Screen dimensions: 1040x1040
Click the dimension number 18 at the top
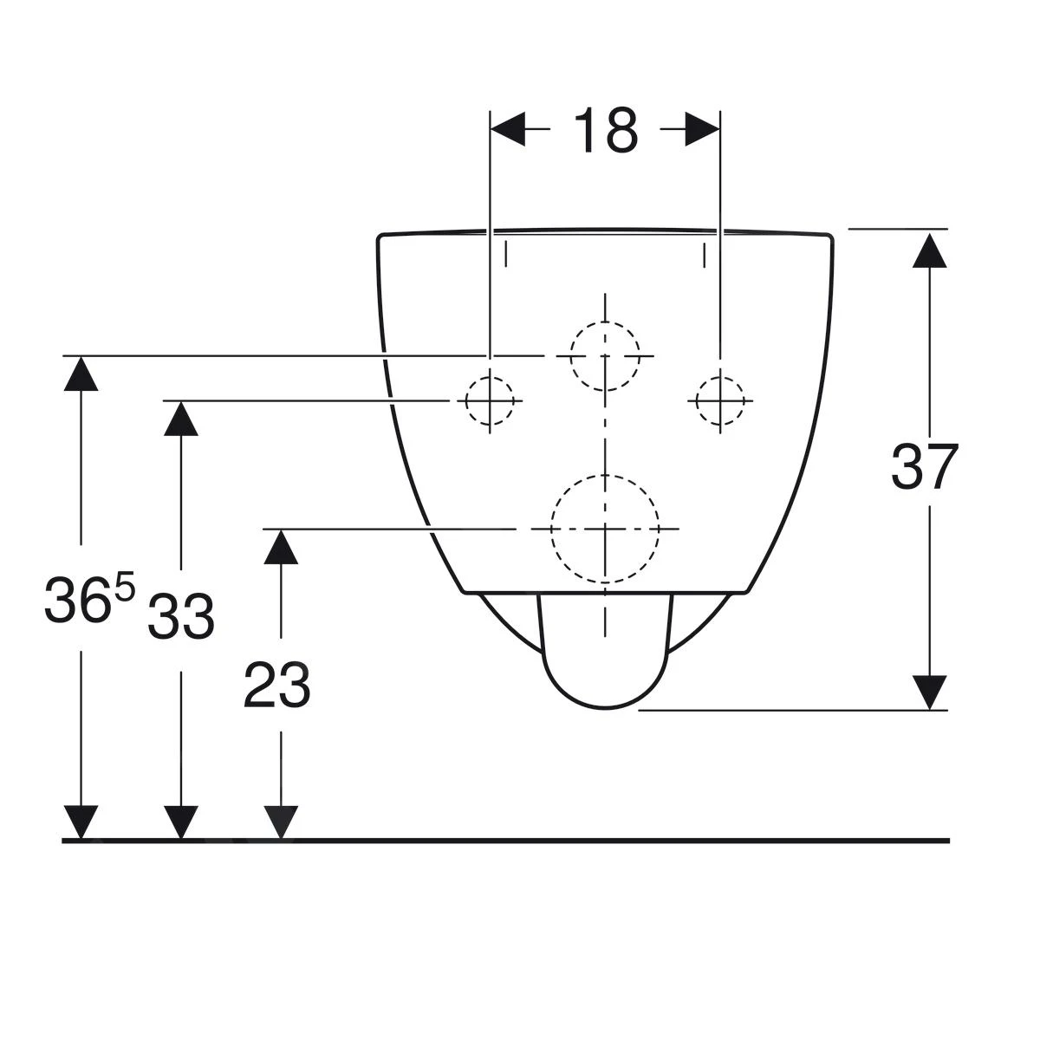606,129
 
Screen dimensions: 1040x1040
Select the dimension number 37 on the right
924,466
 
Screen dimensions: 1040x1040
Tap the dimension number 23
276,685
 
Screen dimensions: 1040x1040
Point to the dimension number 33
181,616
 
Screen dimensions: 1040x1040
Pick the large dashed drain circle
551,529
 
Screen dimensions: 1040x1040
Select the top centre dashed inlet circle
571,356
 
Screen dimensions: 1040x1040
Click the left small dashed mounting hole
465,401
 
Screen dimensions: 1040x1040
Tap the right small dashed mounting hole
696,401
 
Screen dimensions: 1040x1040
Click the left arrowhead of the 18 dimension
507,129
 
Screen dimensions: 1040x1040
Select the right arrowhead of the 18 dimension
702,129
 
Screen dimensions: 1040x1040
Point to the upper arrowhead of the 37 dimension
929,250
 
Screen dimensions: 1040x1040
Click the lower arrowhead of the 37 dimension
929,692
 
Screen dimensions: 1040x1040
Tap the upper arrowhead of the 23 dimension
281,547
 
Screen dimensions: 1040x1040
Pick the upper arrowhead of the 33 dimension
181,419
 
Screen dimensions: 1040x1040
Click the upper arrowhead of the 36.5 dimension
81,374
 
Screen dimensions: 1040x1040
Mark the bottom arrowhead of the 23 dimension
281,822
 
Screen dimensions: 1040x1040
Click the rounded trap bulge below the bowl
605,707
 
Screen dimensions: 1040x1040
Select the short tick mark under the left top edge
505,255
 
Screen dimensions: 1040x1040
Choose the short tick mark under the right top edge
705,255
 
